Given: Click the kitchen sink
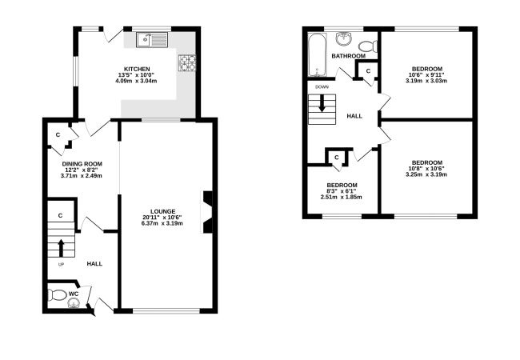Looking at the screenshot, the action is pos(152,40).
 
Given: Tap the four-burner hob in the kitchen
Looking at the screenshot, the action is pos(187,63).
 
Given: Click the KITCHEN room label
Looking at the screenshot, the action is pos(137,69).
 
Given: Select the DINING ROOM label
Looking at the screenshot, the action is pos(82,164).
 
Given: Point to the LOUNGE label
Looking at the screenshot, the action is pos(163,211).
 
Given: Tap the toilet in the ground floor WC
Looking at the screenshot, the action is pos(57,294).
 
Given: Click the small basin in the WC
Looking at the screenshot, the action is pos(74,303).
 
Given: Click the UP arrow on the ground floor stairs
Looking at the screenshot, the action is pos(61,248).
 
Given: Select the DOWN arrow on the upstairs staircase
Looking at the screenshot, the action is pos(322,103).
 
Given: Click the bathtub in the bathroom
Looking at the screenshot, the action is pos(318,54).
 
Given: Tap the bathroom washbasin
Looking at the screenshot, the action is pos(344,38).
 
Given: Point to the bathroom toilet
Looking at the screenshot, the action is pos(369,46).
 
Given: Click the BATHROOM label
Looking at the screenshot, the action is pos(349,56).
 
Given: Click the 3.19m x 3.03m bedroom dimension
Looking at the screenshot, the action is pos(426,81).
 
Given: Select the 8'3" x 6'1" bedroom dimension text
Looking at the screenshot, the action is pos(342,191).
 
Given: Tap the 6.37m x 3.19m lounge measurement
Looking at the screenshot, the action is pos(162,223).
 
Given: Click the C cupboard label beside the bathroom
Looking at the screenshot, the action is pos(368,71).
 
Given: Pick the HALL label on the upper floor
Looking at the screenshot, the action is pos(354,116).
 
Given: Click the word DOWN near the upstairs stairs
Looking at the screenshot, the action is pos(322,87).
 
